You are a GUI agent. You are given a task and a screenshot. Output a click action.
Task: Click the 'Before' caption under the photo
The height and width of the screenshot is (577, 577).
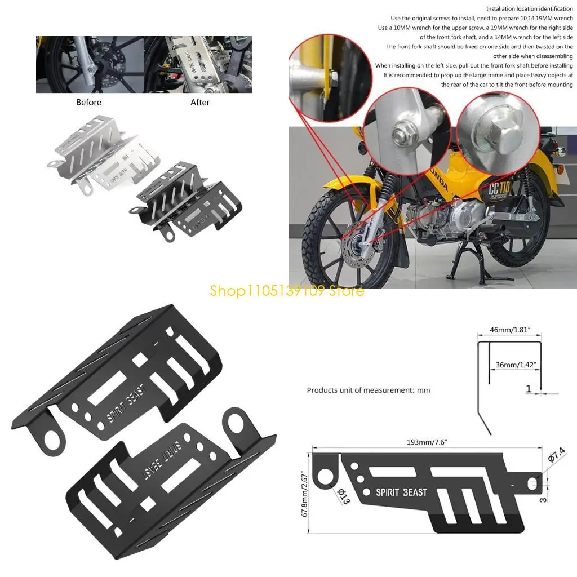pos(88,102)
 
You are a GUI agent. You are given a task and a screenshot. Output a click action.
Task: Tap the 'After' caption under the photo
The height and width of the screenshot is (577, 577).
pos(200,102)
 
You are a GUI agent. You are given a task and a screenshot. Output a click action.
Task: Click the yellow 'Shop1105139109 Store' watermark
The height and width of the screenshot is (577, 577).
pos(287,291)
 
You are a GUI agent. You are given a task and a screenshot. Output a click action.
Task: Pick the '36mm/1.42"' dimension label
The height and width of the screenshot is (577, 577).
pos(513,365)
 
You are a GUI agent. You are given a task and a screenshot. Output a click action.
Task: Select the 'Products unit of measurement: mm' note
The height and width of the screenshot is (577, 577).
pos(368,390)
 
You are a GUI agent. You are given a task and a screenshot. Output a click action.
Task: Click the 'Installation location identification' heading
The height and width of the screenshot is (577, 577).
pos(529,9)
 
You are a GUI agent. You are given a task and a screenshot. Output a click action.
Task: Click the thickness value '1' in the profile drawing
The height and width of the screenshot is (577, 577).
pos(529,389)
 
